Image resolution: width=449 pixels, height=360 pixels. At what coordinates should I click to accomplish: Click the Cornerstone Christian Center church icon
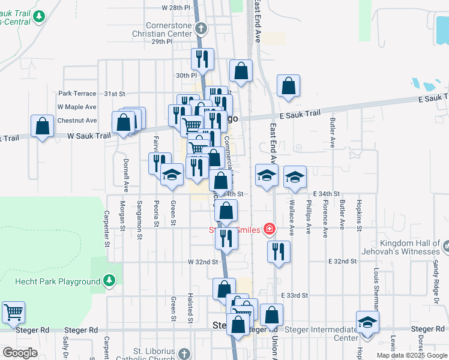(x=201, y=28)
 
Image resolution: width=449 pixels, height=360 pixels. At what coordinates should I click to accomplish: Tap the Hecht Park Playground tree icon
(x=109, y=281)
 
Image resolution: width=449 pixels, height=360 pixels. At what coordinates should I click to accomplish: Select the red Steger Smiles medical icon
(x=269, y=229)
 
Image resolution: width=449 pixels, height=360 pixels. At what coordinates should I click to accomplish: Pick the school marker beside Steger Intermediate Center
(x=367, y=323)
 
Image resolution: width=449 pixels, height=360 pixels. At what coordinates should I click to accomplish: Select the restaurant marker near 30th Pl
(x=201, y=60)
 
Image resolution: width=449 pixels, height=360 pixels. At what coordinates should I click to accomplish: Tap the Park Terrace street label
(x=77, y=94)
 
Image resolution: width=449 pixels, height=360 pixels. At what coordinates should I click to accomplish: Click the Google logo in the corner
(x=20, y=353)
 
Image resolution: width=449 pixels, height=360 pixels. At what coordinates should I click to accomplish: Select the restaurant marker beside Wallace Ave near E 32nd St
(x=279, y=253)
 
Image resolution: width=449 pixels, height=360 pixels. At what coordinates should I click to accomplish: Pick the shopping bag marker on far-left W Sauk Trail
(x=41, y=127)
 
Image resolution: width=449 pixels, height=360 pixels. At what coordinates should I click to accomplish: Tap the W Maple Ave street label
(x=77, y=107)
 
